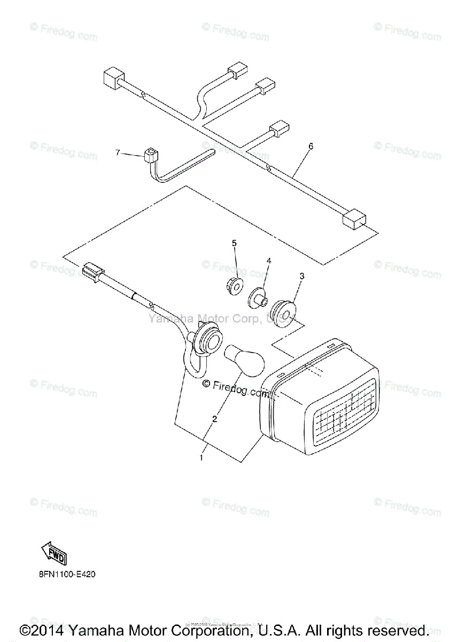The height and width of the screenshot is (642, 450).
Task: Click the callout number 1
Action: tap(201, 457)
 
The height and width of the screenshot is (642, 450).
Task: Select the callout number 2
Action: tap(214, 419)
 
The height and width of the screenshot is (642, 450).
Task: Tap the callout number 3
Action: tap(302, 276)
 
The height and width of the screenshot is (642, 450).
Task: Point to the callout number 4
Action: tap(269, 261)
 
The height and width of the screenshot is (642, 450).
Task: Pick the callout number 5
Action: tap(234, 243)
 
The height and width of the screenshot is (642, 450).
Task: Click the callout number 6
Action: tap(311, 146)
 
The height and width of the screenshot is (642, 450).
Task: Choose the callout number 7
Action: tap(118, 152)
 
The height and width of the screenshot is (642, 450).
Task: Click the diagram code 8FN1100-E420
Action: tap(67, 576)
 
